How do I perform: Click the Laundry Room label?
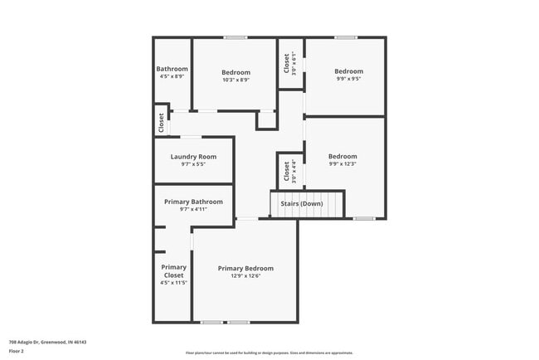[x=193, y=157]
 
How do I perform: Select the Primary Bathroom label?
[x=193, y=202]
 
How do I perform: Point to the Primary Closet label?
[x=173, y=271]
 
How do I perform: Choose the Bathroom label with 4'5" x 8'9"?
[x=172, y=69]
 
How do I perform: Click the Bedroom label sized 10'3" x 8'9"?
[x=236, y=72]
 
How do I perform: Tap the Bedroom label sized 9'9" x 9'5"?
[x=348, y=71]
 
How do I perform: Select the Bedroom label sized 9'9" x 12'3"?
[x=342, y=156]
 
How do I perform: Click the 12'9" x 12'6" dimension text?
[x=245, y=276]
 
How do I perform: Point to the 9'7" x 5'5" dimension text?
[x=193, y=164]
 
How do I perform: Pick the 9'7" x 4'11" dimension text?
[x=193, y=209]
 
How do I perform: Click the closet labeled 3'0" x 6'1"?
[x=287, y=64]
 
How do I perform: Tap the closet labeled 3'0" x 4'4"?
[x=287, y=171]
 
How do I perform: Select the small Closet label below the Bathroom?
[x=160, y=123]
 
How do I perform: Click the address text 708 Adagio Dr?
[x=47, y=342]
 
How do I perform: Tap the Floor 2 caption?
[x=17, y=351]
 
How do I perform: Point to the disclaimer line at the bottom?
[x=269, y=353]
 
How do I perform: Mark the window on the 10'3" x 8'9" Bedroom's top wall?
[x=236, y=37]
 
